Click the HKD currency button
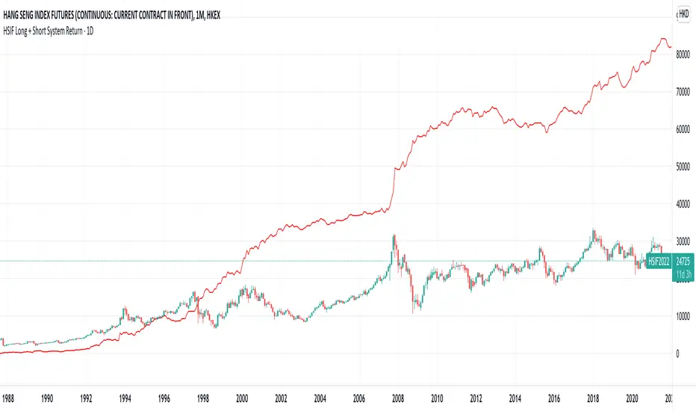pos(683,13)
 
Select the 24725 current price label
pos(683,262)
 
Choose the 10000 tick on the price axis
pos(682,315)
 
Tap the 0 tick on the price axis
pos(677,353)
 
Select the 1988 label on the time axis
pos(10,398)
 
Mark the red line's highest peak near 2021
pos(662,39)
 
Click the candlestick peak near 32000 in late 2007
pos(394,235)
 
